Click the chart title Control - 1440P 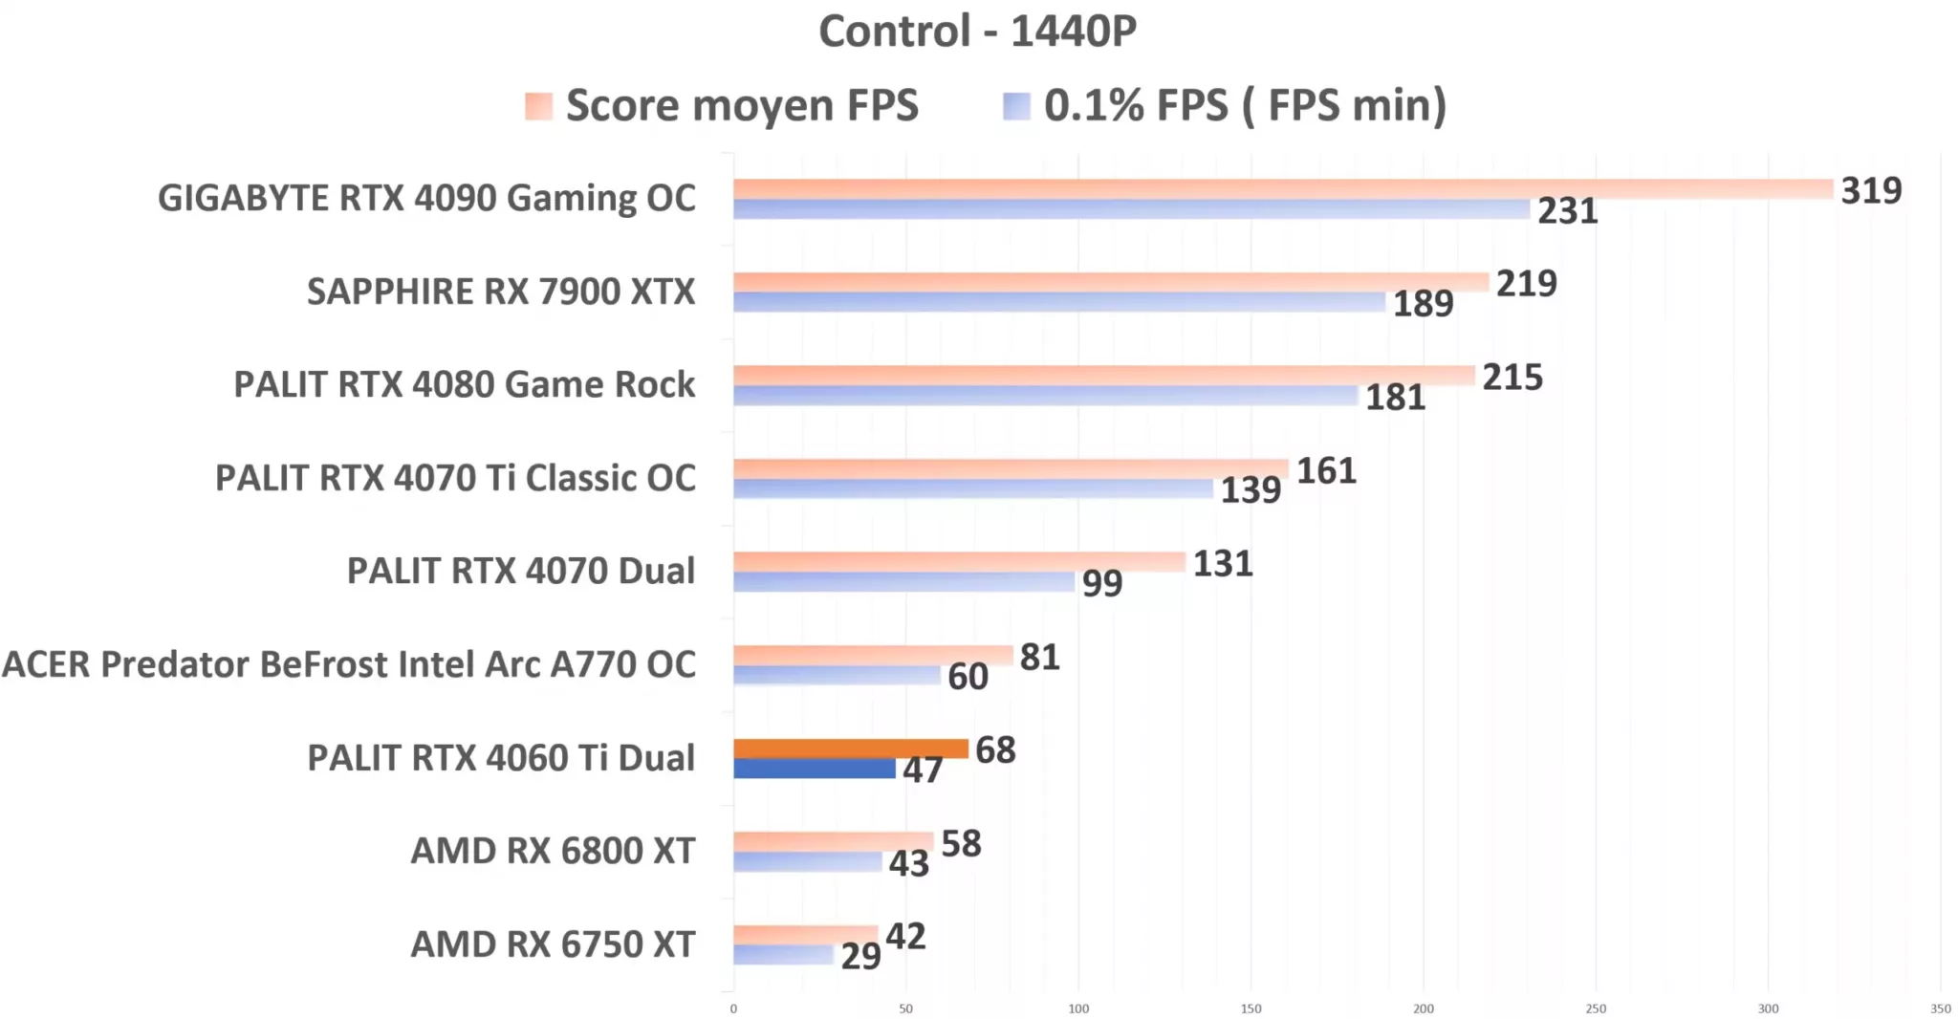(977, 32)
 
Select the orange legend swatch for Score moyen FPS (538, 105)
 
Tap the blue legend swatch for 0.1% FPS (1016, 105)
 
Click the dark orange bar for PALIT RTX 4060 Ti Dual (851, 748)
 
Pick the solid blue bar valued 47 (814, 769)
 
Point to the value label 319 (1871, 190)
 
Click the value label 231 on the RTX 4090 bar (1567, 211)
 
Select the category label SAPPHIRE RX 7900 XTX (500, 292)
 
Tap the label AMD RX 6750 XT (553, 944)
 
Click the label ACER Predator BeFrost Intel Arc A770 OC (349, 664)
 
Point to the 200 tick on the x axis (1423, 1008)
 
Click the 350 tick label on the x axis (1940, 1008)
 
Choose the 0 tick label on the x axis (733, 1008)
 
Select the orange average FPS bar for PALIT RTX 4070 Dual (959, 562)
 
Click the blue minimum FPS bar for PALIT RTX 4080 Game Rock (1045, 396)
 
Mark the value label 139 (1251, 490)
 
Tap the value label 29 (860, 956)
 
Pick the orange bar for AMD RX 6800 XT (833, 842)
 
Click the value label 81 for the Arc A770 (1039, 658)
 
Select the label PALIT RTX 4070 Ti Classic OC (455, 478)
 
